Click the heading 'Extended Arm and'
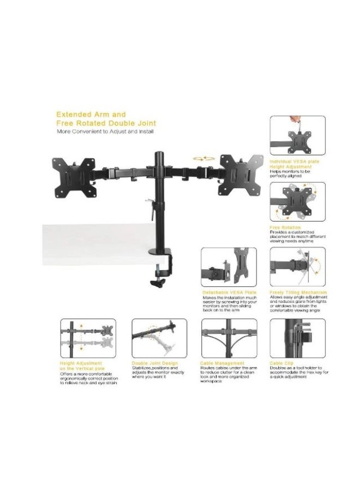pos(91,115)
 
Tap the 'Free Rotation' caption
pos(285,227)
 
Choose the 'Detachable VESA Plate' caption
pos(229,292)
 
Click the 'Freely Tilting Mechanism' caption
pos(298,292)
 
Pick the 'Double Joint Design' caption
pos(154,363)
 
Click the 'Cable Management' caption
pos(223,363)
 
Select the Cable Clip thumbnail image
pos(297,338)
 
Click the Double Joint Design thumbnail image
pos(159,338)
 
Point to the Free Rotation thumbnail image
pos(297,201)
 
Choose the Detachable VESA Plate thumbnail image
pos(229,267)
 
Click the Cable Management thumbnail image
pos(229,338)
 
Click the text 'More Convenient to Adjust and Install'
pos(105,132)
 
